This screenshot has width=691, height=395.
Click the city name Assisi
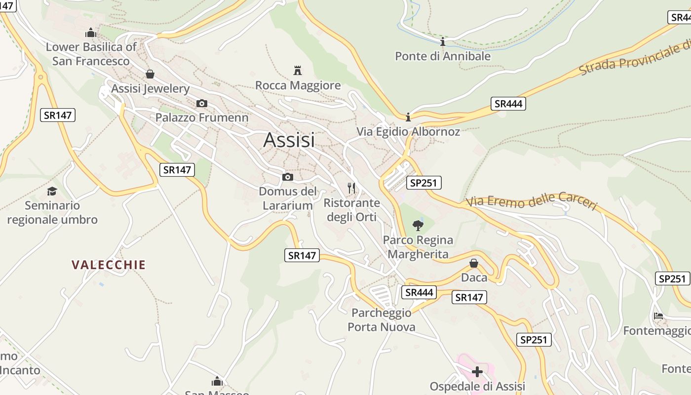pos(289,140)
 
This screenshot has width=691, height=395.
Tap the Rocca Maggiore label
pos(298,85)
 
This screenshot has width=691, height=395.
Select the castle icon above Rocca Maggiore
pos(298,70)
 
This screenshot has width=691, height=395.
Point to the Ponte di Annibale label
pos(443,56)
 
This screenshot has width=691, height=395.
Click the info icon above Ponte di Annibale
pos(443,41)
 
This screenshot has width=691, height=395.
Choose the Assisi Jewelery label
pos(151,89)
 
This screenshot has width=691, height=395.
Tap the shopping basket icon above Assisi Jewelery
pos(150,74)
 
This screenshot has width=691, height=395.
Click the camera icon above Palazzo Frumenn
pos(201,103)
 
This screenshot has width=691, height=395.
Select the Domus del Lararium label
pos(288,198)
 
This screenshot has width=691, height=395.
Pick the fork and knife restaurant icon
pos(351,188)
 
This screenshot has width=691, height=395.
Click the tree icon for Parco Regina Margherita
pos(418,226)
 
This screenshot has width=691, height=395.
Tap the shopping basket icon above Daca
pos(474,263)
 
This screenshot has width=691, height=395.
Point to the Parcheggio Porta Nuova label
pos(381,320)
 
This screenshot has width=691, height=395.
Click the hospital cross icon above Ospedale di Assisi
pos(477,371)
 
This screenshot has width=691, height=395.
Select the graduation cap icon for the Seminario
pos(52,191)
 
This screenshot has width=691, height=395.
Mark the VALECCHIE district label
pos(109,265)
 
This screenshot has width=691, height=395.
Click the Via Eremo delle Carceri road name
pos(532,201)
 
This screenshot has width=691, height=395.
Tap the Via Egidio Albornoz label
pos(408,132)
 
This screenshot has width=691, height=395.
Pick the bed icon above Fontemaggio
pos(658,316)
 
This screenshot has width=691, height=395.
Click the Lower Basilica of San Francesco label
pos(91,54)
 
